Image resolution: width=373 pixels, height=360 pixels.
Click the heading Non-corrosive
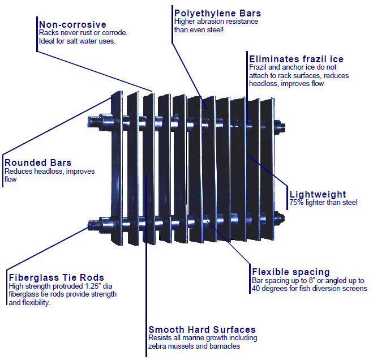point(72,24)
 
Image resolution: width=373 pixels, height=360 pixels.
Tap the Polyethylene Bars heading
point(218,12)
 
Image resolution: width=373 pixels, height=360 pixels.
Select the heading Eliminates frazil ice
point(296,59)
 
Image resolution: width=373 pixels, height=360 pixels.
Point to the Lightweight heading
point(318,194)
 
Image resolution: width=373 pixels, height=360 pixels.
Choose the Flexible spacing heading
point(291,272)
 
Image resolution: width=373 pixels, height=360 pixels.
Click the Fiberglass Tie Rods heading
point(57,277)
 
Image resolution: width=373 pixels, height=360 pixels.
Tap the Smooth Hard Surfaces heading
point(202,329)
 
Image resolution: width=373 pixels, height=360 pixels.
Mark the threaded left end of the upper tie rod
point(93,121)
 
